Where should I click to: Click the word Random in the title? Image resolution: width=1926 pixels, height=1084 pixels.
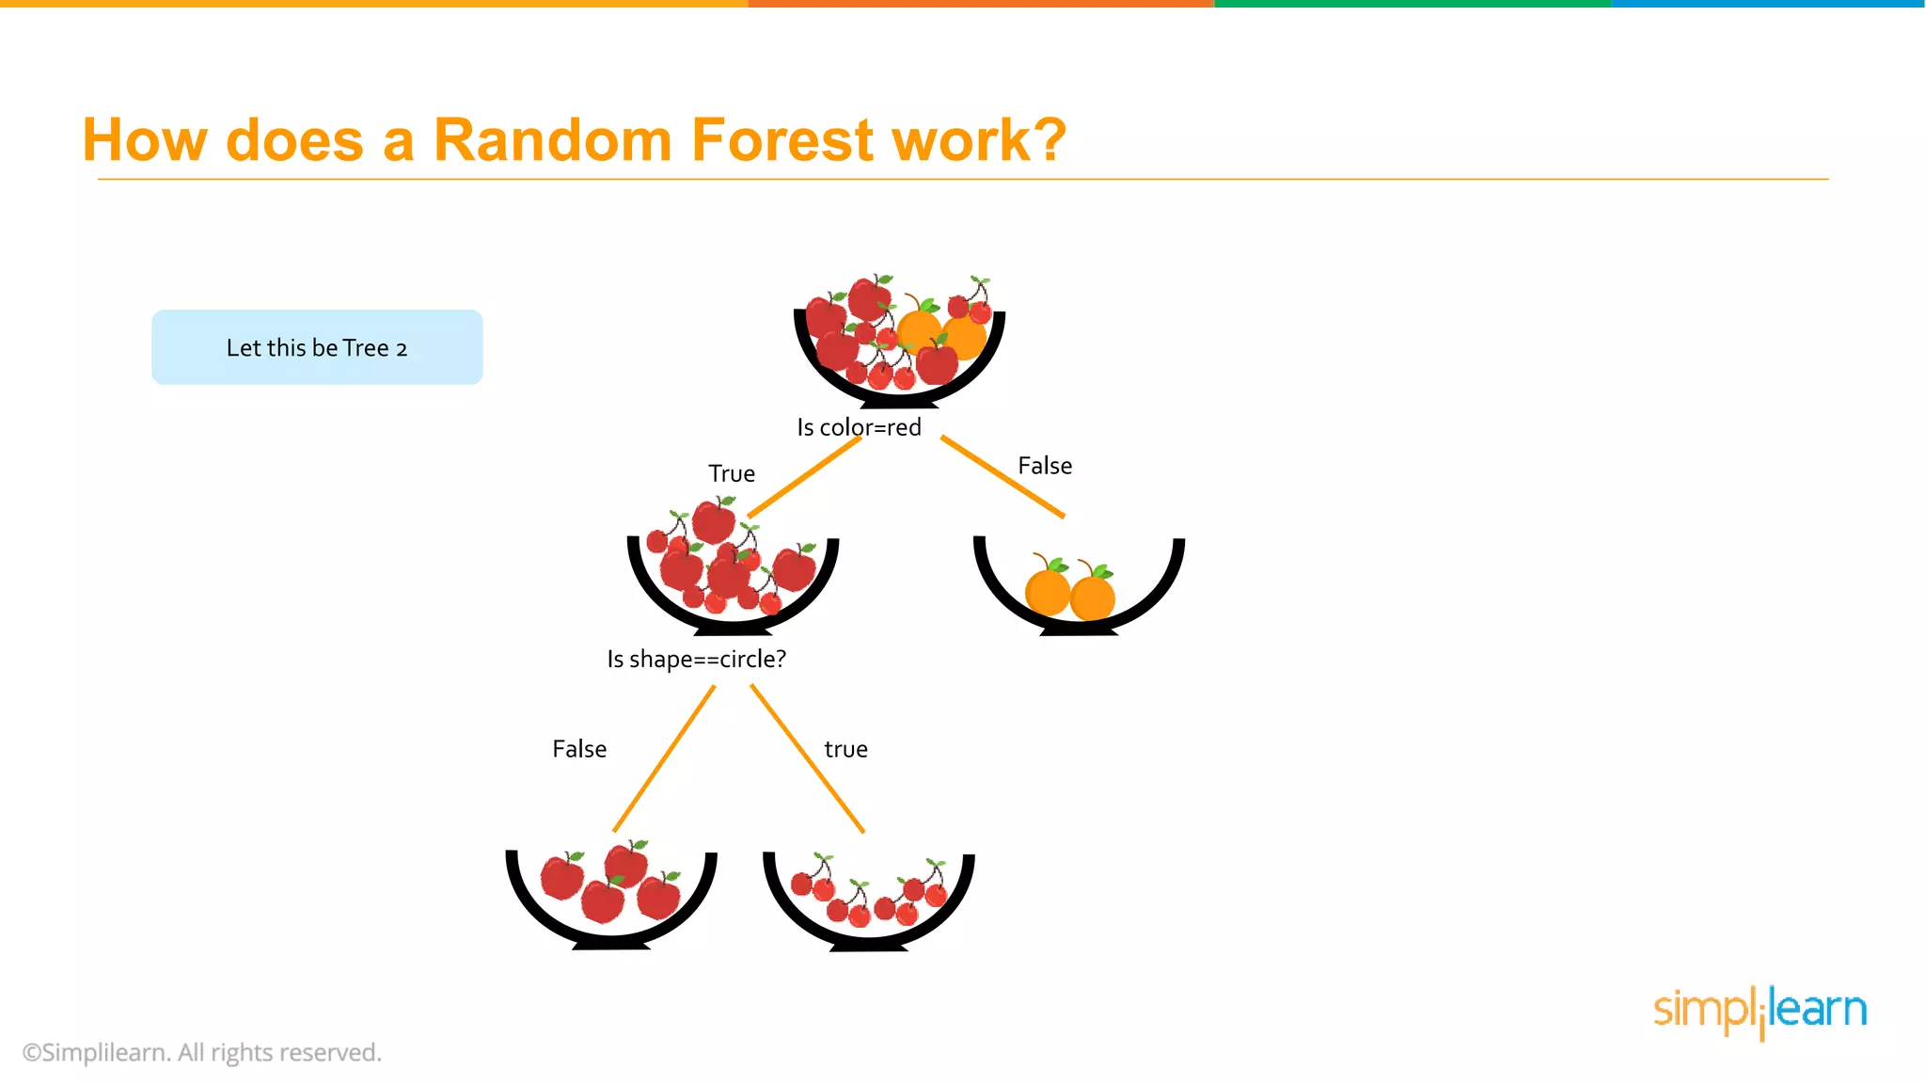(551, 141)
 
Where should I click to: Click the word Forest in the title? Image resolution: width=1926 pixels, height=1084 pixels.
(782, 141)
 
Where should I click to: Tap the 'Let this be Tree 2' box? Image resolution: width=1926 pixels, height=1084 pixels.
(317, 347)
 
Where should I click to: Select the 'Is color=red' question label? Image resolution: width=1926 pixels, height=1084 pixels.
(859, 427)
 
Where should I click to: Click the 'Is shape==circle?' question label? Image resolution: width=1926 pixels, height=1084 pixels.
(696, 659)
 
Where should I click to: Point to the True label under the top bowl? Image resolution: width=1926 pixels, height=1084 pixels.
(732, 473)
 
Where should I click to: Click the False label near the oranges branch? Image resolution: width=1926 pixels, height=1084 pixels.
(1045, 466)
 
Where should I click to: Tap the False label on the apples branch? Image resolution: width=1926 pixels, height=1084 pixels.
(579, 749)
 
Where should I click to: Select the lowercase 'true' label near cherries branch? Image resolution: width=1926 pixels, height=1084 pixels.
(845, 749)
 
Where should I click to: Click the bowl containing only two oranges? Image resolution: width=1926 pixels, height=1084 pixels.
(1079, 588)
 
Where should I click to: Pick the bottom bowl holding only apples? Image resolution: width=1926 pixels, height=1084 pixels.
(611, 899)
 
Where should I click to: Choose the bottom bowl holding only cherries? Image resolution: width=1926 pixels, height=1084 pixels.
(868, 901)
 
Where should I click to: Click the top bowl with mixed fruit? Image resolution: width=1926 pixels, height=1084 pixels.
(899, 343)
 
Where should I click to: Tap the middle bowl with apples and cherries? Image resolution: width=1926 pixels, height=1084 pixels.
(733, 574)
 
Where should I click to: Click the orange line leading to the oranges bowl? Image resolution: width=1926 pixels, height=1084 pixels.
(1002, 476)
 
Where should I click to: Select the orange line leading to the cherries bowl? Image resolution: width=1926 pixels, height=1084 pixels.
(807, 758)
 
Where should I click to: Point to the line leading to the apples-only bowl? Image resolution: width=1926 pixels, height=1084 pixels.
(664, 758)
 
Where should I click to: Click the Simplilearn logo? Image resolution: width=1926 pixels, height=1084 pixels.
(1760, 1012)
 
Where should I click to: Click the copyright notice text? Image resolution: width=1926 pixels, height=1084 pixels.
(202, 1052)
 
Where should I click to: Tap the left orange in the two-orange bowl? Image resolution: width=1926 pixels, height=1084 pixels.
(1047, 591)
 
